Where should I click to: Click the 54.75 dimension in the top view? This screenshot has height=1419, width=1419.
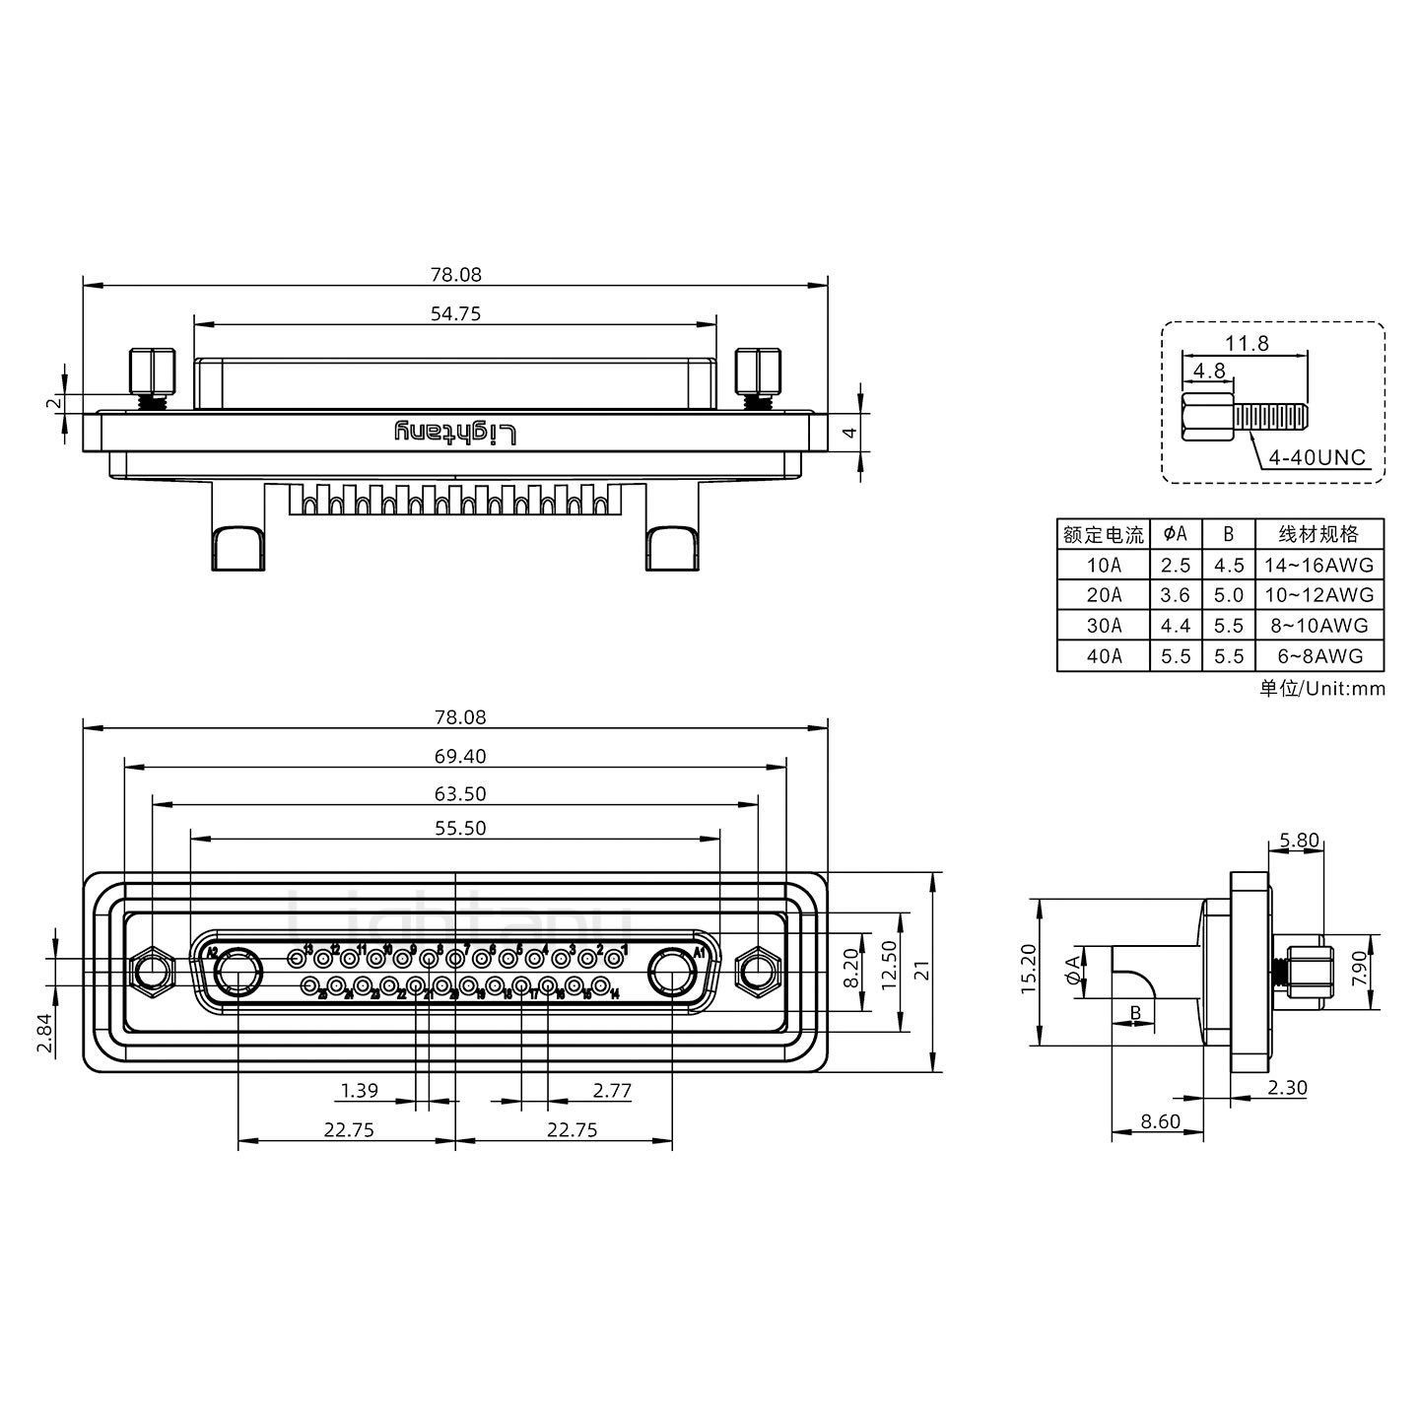(x=455, y=313)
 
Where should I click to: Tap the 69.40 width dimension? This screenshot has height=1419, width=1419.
(x=461, y=756)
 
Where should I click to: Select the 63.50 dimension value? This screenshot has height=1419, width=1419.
(x=461, y=793)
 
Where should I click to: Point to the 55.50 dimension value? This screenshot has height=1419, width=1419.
(x=461, y=828)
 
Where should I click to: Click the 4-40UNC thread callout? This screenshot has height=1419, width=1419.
(x=1317, y=457)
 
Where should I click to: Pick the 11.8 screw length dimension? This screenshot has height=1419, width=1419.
(x=1247, y=343)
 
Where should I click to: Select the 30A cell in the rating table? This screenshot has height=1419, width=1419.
(x=1104, y=626)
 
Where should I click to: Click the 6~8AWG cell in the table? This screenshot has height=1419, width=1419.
(x=1319, y=656)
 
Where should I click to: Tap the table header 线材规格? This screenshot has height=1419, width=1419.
(x=1319, y=534)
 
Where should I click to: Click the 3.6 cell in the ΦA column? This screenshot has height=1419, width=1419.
(x=1176, y=595)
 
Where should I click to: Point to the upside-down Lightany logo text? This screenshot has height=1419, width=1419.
(x=455, y=433)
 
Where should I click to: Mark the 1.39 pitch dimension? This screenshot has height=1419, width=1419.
(x=359, y=1091)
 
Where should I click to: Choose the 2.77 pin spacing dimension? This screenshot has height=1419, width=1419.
(x=612, y=1091)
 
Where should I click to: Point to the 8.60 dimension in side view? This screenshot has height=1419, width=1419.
(x=1160, y=1121)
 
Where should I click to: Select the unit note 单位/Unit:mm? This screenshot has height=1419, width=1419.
(x=1321, y=689)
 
